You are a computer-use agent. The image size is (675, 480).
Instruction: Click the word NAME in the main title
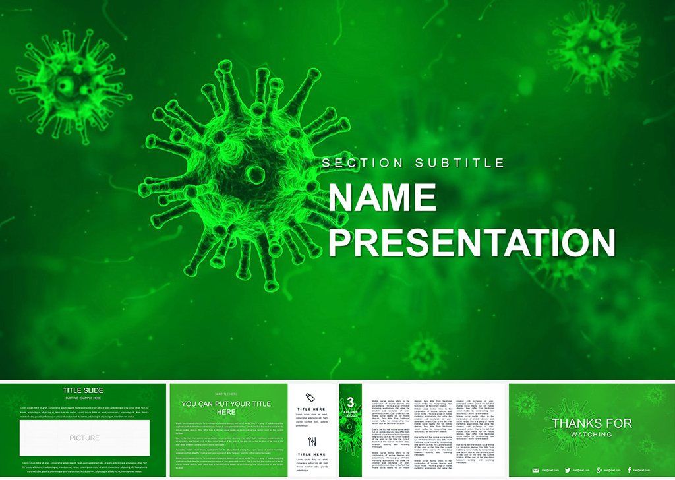tap(382, 198)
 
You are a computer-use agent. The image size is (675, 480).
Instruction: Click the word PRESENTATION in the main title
tap(471, 242)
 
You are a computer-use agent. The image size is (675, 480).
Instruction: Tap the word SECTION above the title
tap(363, 163)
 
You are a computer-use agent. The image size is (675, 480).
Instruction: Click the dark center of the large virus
tap(255, 174)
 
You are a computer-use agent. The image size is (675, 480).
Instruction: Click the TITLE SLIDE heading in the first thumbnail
tap(82, 390)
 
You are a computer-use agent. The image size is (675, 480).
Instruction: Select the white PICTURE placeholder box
tap(84, 438)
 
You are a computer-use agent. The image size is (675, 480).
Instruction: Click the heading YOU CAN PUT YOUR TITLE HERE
tap(226, 408)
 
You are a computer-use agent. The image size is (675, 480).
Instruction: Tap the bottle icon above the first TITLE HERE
tap(312, 396)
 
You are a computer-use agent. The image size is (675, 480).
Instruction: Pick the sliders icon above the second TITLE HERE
tap(312, 441)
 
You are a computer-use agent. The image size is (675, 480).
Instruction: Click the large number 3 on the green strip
tap(351, 400)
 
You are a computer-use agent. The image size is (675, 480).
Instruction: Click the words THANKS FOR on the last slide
tap(592, 423)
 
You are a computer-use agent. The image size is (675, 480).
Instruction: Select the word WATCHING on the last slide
tap(592, 435)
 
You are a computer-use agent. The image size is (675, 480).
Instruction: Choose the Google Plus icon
tap(598, 469)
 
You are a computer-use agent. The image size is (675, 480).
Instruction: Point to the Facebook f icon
tap(630, 469)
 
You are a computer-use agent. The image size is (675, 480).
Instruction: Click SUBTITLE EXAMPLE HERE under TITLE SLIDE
tap(82, 398)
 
